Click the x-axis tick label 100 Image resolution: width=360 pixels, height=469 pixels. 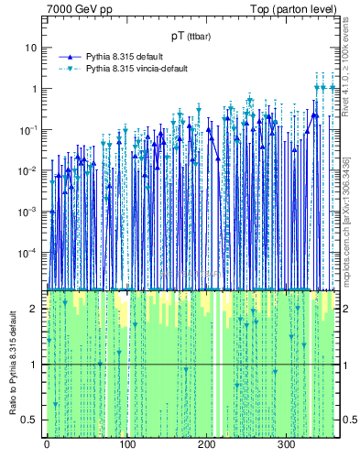tap(126, 444)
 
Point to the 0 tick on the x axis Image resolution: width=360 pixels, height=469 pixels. tap(47, 444)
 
